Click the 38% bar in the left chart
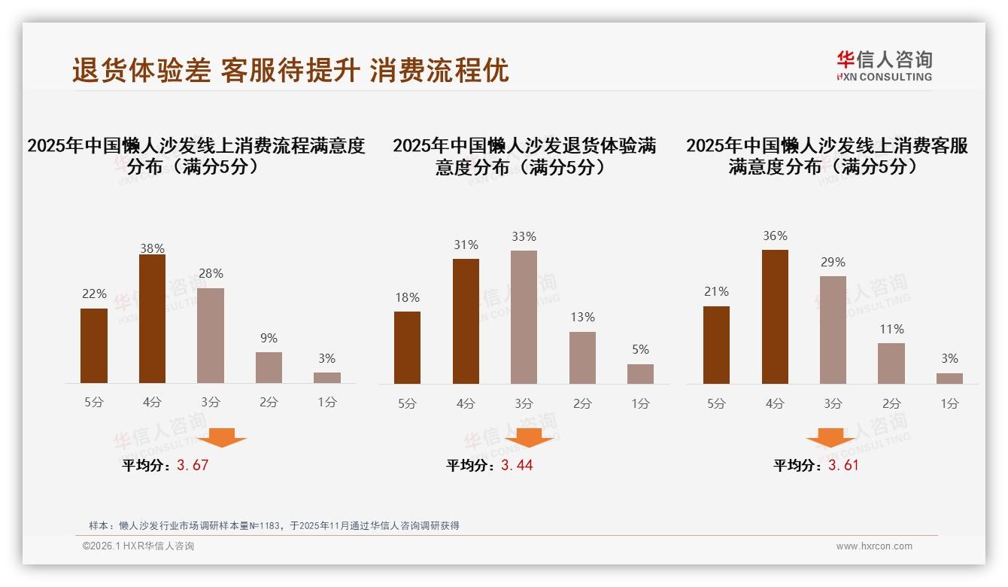(152, 318)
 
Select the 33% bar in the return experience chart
(524, 317)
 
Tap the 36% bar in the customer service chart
(775, 317)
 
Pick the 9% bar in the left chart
(269, 367)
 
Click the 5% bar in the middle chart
(640, 374)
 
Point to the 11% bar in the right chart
(891, 363)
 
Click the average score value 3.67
(193, 465)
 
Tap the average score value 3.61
(843, 465)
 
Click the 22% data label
(94, 294)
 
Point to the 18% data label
(407, 298)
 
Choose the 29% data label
(833, 263)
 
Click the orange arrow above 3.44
(529, 437)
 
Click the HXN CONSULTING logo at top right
(884, 66)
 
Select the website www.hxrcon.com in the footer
(874, 546)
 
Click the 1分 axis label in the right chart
(949, 404)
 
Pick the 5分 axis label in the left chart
(94, 403)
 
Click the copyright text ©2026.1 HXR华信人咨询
(138, 546)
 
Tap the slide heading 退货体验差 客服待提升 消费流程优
(290, 70)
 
